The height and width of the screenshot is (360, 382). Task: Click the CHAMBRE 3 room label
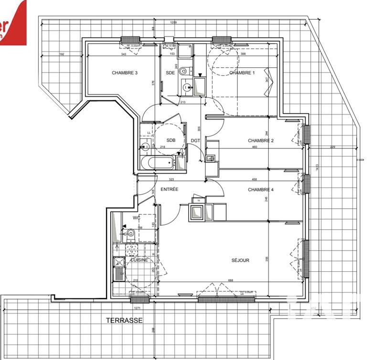[125, 73]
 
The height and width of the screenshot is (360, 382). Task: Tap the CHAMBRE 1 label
[242, 73]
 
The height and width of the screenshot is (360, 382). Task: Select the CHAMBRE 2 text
[261, 140]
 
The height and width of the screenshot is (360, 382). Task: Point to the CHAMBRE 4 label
[261, 190]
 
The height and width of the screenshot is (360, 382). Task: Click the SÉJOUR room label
[241, 260]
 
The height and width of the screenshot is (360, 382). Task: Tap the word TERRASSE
[124, 321]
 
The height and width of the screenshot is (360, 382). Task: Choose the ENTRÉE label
[169, 190]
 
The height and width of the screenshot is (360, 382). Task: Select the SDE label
[170, 73]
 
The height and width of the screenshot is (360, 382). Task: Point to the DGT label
[195, 140]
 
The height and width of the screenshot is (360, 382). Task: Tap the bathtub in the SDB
[160, 163]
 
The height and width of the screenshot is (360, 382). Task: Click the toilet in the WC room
[130, 233]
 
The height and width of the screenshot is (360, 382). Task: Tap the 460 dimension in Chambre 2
[255, 147]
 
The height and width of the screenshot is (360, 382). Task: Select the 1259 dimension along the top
[174, 23]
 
